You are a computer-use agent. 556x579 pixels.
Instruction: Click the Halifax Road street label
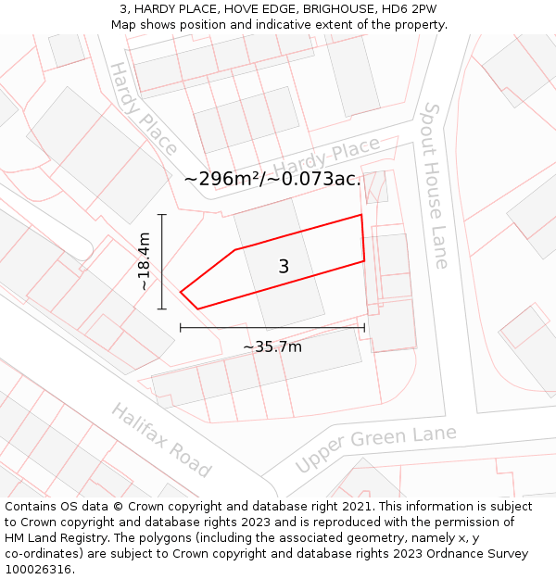161,440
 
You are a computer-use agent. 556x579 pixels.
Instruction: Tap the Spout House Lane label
434,185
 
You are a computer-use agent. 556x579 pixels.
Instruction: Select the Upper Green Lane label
375,448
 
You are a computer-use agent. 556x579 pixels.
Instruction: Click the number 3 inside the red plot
284,267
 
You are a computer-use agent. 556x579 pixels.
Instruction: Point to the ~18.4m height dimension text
145,262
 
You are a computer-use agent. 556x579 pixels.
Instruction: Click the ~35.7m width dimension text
272,346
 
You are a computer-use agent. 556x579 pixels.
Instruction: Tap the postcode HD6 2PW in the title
411,9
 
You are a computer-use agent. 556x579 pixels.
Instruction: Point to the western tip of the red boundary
181,293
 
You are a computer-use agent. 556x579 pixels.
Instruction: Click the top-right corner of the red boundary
360,215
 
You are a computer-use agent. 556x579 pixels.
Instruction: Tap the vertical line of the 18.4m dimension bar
162,262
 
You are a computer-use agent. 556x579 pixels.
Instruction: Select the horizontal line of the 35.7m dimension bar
272,327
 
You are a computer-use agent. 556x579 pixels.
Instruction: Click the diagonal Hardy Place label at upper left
144,108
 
